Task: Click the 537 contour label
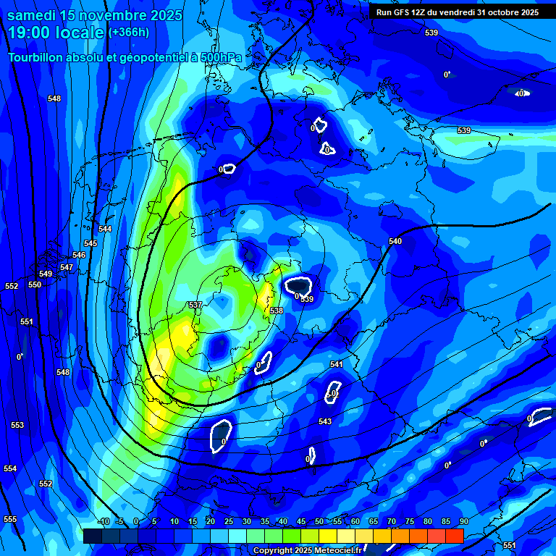click(195, 305)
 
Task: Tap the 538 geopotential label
click(277, 311)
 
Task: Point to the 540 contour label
click(395, 241)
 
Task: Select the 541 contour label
click(337, 364)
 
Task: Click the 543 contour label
click(325, 421)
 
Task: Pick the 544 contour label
click(105, 229)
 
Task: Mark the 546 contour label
click(79, 255)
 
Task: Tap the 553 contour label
click(17, 425)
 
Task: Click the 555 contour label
click(10, 519)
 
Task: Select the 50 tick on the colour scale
click(319, 521)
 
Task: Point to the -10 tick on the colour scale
click(104, 521)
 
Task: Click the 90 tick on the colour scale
click(464, 521)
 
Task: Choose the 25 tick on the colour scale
click(229, 521)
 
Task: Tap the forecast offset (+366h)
click(129, 32)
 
